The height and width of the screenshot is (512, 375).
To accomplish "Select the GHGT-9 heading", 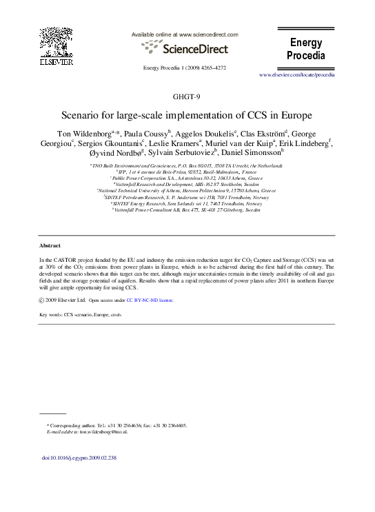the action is click(187, 97).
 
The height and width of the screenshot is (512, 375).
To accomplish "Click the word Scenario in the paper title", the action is click(81, 115).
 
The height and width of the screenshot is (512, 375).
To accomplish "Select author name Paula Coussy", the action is click(145, 132).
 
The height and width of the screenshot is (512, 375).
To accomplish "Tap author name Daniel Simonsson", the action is click(250, 153).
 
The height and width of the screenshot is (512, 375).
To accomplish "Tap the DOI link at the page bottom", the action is click(79, 457).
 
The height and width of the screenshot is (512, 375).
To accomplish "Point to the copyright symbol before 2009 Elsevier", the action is click(43, 301).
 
